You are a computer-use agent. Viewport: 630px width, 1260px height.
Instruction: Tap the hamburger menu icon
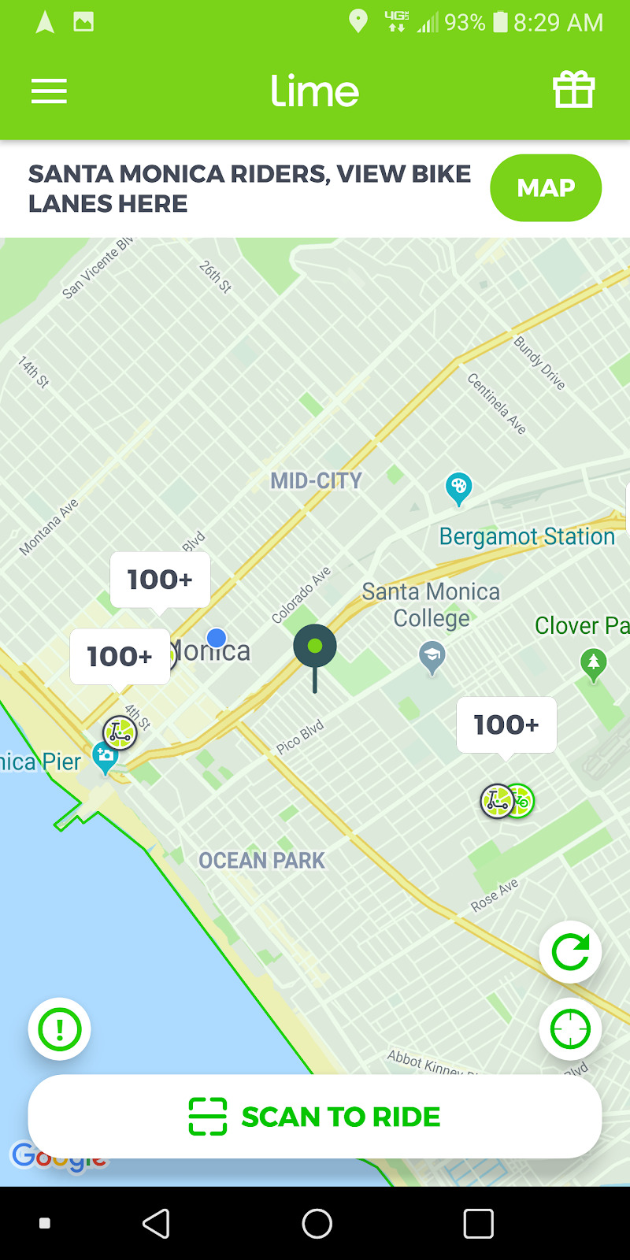coord(49,91)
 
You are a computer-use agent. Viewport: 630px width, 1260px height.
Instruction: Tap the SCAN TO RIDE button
coord(315,1117)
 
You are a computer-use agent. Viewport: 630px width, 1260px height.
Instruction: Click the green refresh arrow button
coord(570,952)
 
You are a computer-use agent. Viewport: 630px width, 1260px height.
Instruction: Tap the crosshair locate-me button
coord(570,1028)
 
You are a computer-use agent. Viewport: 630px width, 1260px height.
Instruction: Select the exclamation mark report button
coord(60,1028)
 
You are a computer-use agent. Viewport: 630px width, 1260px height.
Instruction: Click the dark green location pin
coord(315,648)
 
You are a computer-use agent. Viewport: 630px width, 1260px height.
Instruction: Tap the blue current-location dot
coord(217,638)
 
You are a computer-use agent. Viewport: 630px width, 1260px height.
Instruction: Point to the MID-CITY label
coord(316,480)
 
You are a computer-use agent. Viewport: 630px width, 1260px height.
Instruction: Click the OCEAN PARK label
coord(261,861)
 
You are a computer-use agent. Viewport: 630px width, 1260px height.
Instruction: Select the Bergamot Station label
coord(526,537)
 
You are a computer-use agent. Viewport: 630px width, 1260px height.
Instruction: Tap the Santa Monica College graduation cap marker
coord(432,655)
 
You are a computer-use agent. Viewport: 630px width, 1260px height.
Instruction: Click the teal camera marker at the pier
coord(105,757)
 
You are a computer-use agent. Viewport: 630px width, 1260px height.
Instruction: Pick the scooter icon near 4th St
coord(120,733)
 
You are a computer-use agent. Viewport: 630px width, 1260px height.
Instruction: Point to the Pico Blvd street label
coord(300,738)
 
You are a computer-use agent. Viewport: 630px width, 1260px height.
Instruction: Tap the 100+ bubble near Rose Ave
coord(506,724)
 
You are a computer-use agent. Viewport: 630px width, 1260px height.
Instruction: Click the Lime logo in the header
coord(315,91)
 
